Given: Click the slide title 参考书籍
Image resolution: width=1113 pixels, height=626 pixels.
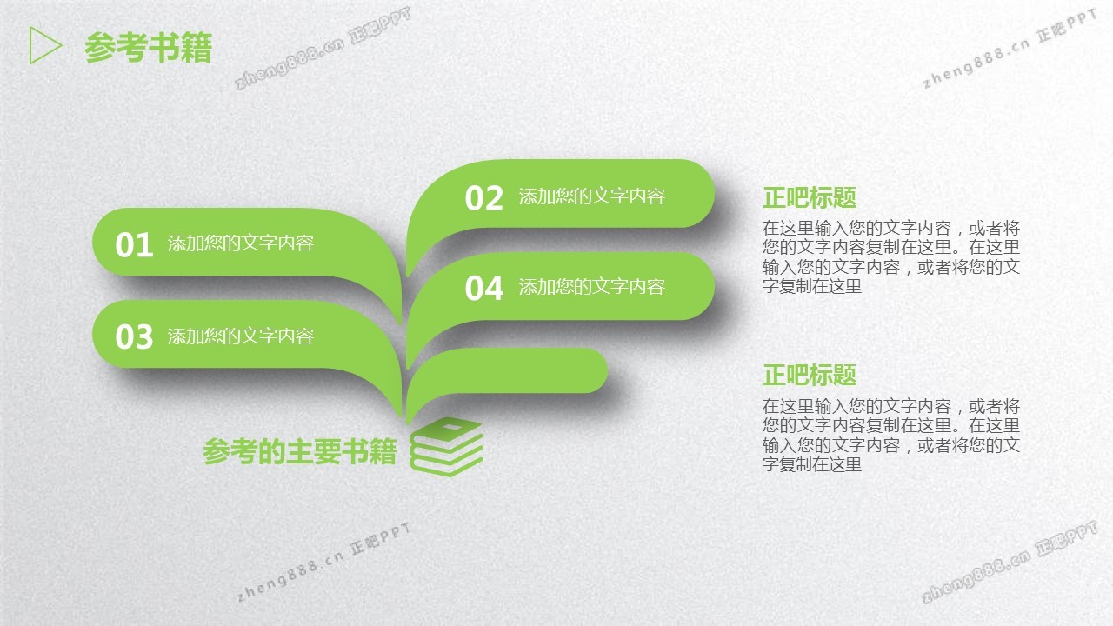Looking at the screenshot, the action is pyautogui.click(x=148, y=47).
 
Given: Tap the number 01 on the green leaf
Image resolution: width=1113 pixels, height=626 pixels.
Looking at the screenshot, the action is pyautogui.click(x=134, y=244).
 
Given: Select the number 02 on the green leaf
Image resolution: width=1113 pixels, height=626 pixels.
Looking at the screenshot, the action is pyautogui.click(x=483, y=197).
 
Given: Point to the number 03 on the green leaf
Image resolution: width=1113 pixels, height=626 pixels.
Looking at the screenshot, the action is pyautogui.click(x=134, y=336).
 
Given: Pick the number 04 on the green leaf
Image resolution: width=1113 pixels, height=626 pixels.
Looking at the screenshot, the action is pyautogui.click(x=483, y=288).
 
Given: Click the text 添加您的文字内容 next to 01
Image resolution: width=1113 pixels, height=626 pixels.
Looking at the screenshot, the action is pyautogui.click(x=241, y=243).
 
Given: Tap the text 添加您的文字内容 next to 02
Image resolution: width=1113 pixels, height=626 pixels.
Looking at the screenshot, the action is pyautogui.click(x=592, y=196).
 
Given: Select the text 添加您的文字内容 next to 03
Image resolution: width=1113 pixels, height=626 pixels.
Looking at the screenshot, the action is pyautogui.click(x=241, y=336).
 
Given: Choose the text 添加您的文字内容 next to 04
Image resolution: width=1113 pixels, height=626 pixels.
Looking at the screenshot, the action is pyautogui.click(x=592, y=287).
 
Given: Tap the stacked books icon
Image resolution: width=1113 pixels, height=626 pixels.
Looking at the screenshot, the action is pyautogui.click(x=446, y=447).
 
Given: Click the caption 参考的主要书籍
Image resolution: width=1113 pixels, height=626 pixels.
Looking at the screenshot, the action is pyautogui.click(x=300, y=451).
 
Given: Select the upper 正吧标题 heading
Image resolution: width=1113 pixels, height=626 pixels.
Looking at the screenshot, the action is pyautogui.click(x=810, y=197).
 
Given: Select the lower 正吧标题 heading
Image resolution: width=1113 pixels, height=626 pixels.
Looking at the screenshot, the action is pyautogui.click(x=810, y=375).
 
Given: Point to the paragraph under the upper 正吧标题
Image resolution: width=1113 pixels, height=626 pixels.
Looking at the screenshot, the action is pyautogui.click(x=891, y=256).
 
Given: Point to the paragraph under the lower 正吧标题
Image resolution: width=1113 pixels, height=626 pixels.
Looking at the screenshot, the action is pyautogui.click(x=891, y=436).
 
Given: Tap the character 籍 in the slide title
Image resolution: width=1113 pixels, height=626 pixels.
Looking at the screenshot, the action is pyautogui.click(x=197, y=48).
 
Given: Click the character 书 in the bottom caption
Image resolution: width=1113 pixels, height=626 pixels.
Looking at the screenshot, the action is pyautogui.click(x=355, y=451).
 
